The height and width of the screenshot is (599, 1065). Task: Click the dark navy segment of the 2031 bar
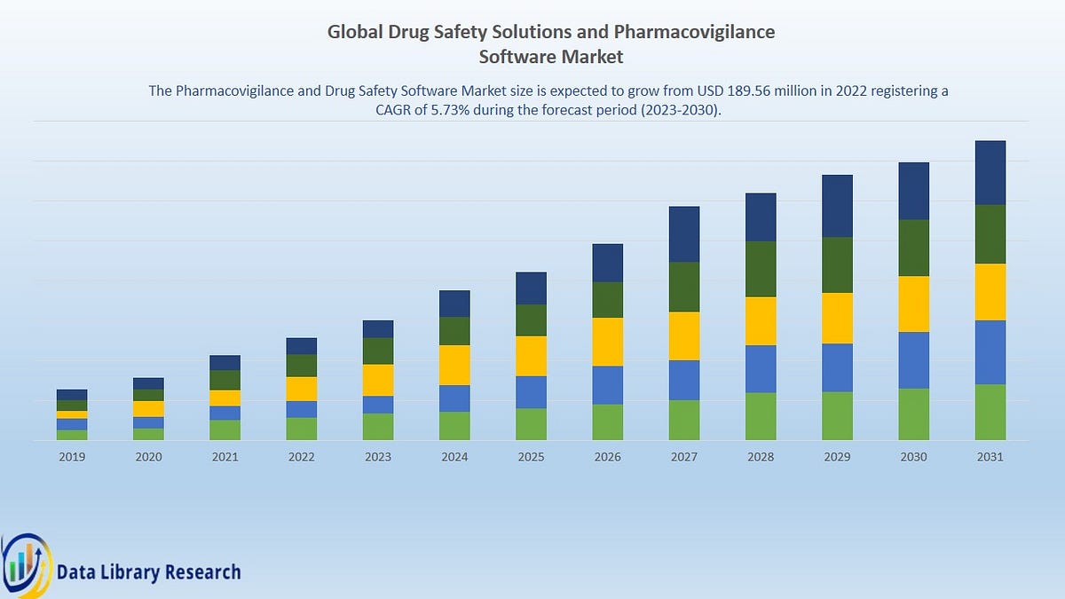[990, 172]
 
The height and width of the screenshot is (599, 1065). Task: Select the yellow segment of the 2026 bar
[607, 342]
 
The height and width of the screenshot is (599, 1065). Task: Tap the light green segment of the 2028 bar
[761, 416]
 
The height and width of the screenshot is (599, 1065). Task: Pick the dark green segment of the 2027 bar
[683, 287]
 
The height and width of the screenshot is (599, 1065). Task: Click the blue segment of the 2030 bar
[913, 360]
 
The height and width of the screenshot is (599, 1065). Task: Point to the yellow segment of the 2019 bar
[72, 414]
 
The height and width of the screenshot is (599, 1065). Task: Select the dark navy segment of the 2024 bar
[454, 303]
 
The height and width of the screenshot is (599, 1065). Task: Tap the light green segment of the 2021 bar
[225, 430]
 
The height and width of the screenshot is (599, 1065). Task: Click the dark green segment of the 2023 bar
[378, 351]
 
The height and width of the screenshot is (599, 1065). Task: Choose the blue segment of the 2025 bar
[531, 392]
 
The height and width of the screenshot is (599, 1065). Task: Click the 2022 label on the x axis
[301, 457]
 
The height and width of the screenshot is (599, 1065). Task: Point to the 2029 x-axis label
[837, 457]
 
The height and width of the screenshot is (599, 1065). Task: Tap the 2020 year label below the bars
[148, 457]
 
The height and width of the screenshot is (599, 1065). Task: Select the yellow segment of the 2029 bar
[837, 318]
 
